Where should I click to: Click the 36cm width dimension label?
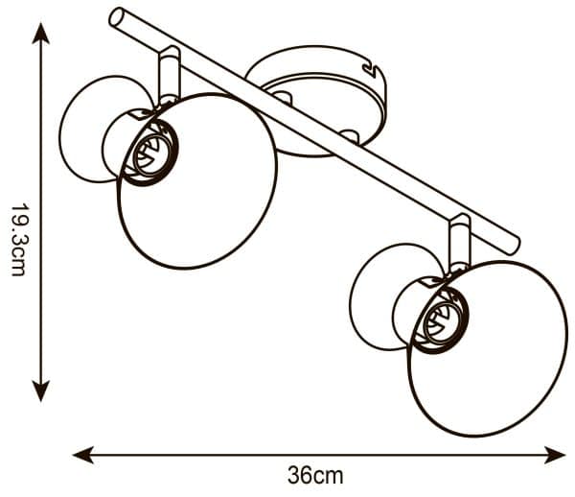(315, 475)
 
